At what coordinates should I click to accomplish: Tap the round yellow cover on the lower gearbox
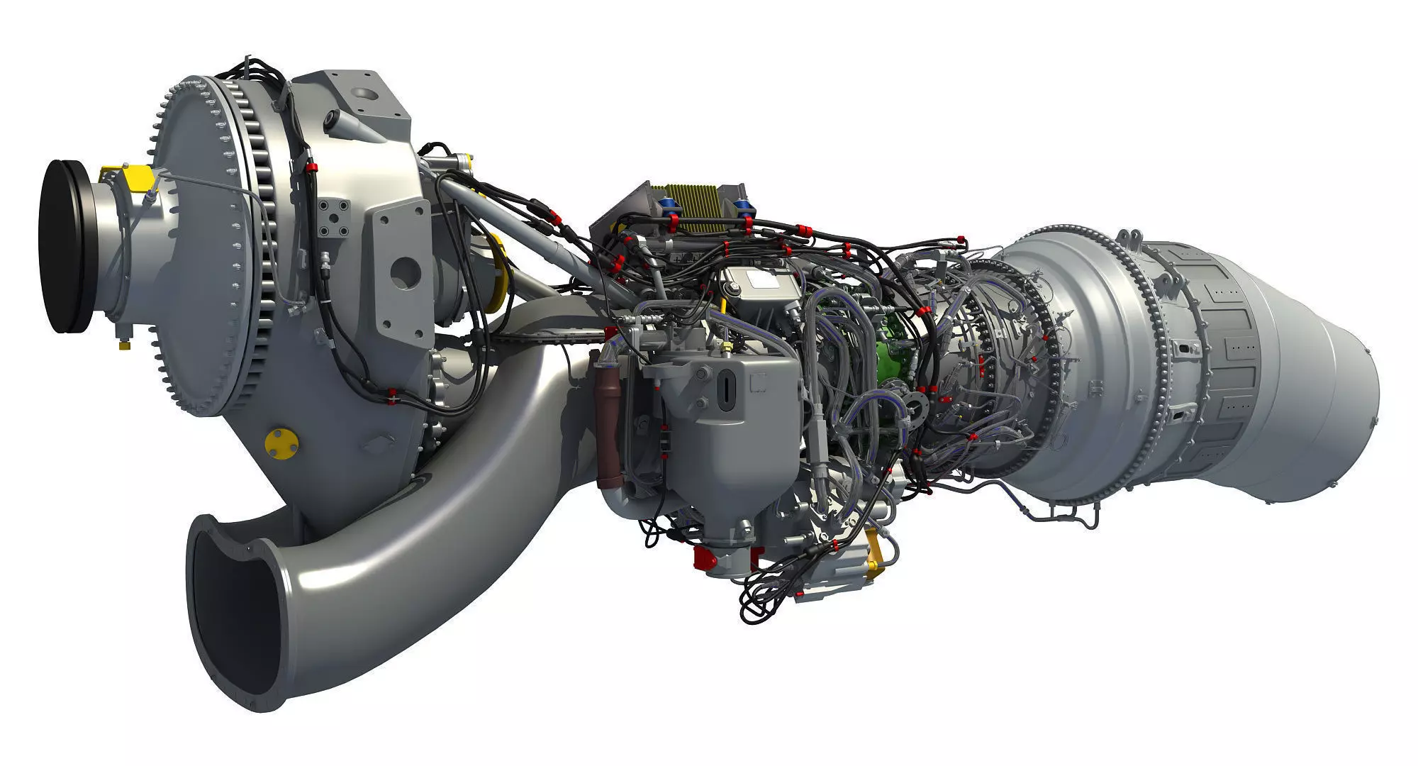coord(281,441)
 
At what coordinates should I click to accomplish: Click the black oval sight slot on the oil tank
coord(725,389)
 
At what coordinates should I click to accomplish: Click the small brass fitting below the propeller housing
coord(124,345)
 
